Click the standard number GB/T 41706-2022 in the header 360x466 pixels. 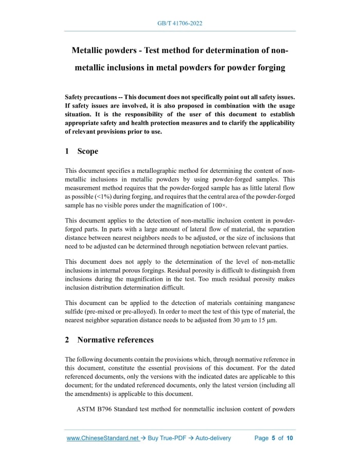tap(180, 24)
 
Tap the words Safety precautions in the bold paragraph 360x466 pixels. tap(88, 97)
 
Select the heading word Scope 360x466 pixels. tap(87, 151)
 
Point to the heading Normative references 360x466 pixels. tap(115, 339)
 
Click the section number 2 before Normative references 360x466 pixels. tap(67, 339)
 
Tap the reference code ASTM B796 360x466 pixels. tap(94, 409)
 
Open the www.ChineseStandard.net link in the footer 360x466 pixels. tap(103, 438)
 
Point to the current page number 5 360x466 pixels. tap(274, 438)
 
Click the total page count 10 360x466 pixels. tap(290, 438)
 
